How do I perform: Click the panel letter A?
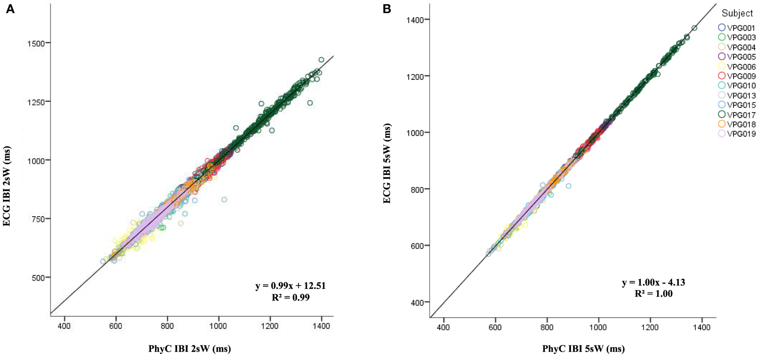coord(10,9)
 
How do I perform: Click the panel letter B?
coord(387,9)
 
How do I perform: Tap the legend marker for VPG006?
coord(721,66)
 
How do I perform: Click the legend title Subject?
coord(737,13)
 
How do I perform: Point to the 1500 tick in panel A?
coord(36,43)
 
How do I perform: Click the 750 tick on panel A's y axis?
coord(39,219)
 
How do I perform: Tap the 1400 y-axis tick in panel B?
coord(415,19)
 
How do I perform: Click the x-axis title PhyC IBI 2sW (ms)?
coord(190,349)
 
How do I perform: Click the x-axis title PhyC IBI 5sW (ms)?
coord(583,349)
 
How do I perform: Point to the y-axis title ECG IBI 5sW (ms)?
coord(388,163)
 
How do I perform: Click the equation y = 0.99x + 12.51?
coord(290,286)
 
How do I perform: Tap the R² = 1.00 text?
coord(653,294)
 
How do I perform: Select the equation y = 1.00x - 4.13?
coord(653,283)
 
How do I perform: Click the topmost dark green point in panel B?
coord(694,28)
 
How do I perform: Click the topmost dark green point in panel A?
coord(321,60)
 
